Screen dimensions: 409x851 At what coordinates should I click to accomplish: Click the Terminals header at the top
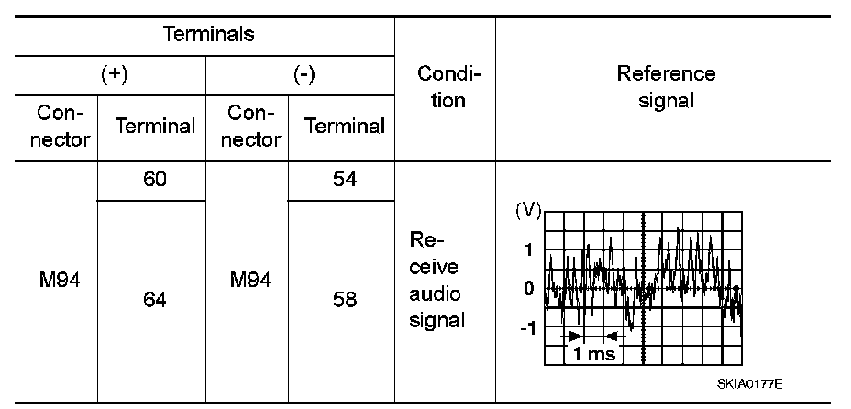click(208, 35)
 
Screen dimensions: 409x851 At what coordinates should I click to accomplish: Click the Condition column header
click(445, 87)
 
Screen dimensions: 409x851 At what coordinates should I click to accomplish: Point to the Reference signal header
click(665, 86)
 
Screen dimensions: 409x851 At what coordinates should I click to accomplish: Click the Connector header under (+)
click(63, 126)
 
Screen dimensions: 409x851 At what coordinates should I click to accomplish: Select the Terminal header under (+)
click(156, 127)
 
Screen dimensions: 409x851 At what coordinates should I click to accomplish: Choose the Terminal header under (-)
click(344, 127)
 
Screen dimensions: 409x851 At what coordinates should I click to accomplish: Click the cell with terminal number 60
click(155, 180)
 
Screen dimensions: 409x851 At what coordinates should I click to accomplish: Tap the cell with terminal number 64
click(155, 299)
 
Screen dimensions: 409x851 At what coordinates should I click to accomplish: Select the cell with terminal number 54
click(344, 180)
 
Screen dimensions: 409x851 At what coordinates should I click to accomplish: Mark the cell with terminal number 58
click(344, 299)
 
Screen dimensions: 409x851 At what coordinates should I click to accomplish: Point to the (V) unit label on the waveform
click(529, 211)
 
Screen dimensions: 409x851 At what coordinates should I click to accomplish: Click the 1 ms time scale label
click(594, 354)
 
